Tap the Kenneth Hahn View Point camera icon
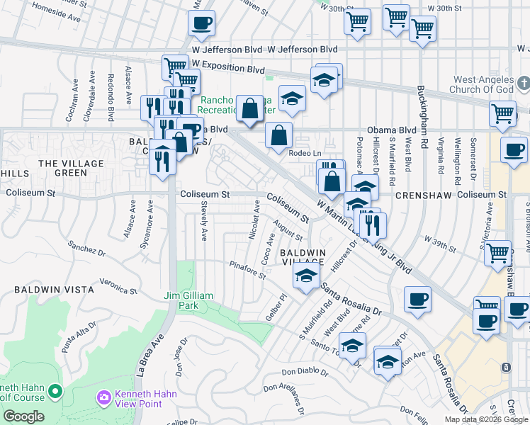click(105, 399)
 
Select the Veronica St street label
click(118, 285)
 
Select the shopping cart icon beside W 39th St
click(498, 251)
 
